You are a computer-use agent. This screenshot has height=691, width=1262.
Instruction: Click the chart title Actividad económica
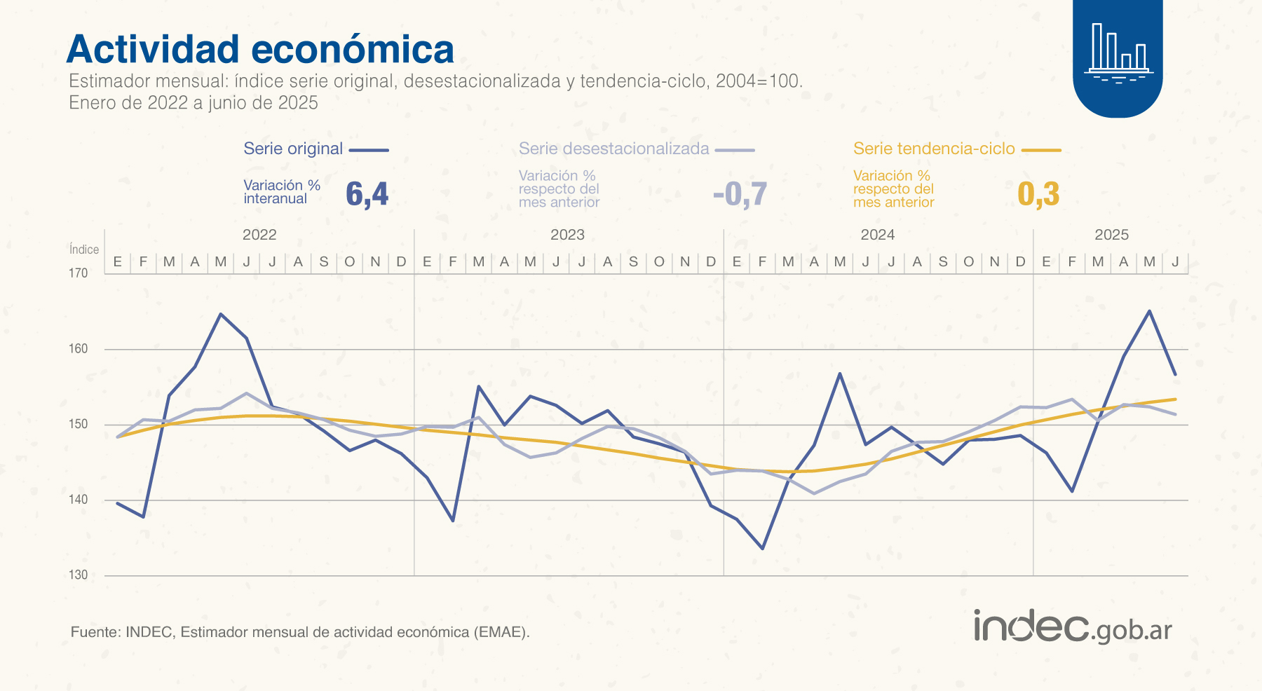260,50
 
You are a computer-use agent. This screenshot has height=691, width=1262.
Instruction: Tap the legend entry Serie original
293,149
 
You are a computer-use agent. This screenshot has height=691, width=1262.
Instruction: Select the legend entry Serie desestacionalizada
613,149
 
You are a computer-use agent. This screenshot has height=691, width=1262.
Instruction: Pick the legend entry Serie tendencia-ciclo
934,149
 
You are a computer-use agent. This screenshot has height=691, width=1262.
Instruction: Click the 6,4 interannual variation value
367,194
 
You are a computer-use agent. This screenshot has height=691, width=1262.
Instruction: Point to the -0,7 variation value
740,194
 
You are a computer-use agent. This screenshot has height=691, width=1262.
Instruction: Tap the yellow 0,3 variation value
1038,194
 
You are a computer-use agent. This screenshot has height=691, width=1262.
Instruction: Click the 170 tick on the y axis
79,273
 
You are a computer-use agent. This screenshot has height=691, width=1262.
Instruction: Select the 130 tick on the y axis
79,575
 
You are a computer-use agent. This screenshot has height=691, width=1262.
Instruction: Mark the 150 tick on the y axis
79,424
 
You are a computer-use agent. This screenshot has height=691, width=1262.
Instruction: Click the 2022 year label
259,235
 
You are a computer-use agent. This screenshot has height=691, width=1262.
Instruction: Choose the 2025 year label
1111,235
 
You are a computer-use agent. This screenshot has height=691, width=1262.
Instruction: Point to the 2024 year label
878,235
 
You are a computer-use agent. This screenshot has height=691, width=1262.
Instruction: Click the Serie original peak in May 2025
1149,311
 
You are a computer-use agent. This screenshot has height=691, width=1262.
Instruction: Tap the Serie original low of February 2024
762,548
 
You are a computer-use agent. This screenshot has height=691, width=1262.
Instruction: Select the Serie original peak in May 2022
221,314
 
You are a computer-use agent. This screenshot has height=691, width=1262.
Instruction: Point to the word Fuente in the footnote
95,632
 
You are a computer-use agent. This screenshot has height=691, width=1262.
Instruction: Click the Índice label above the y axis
84,249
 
